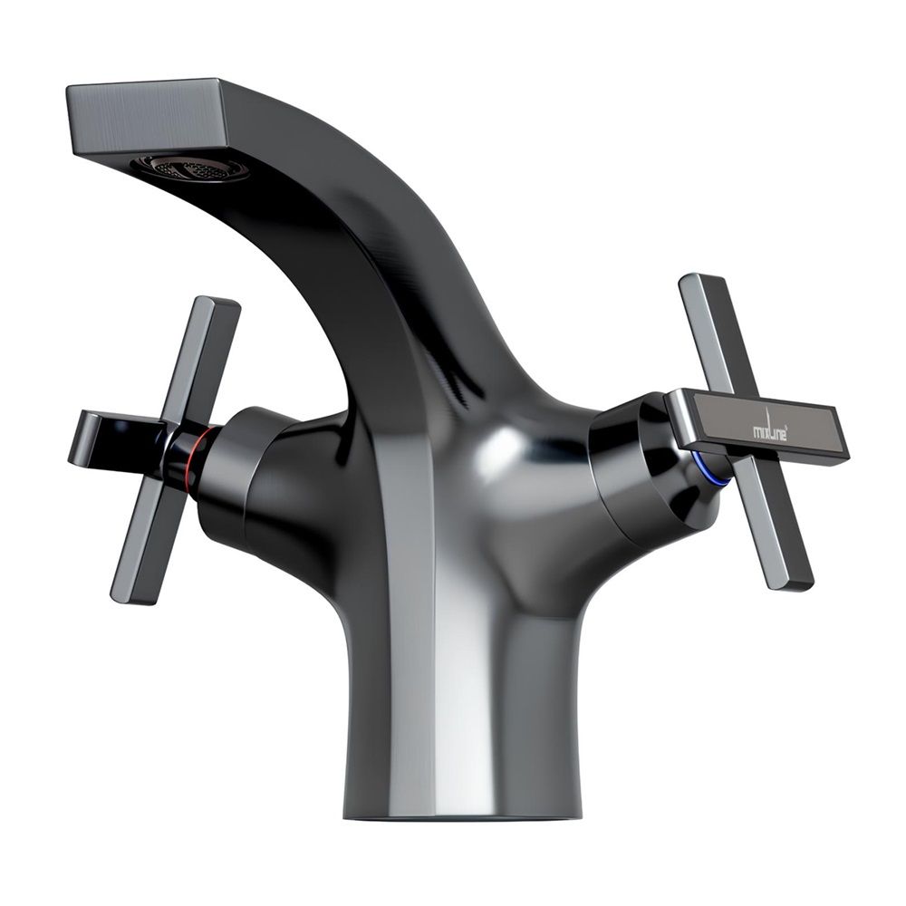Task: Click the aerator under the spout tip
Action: pyautogui.click(x=189, y=169)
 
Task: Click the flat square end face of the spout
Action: pyautogui.click(x=148, y=119)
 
